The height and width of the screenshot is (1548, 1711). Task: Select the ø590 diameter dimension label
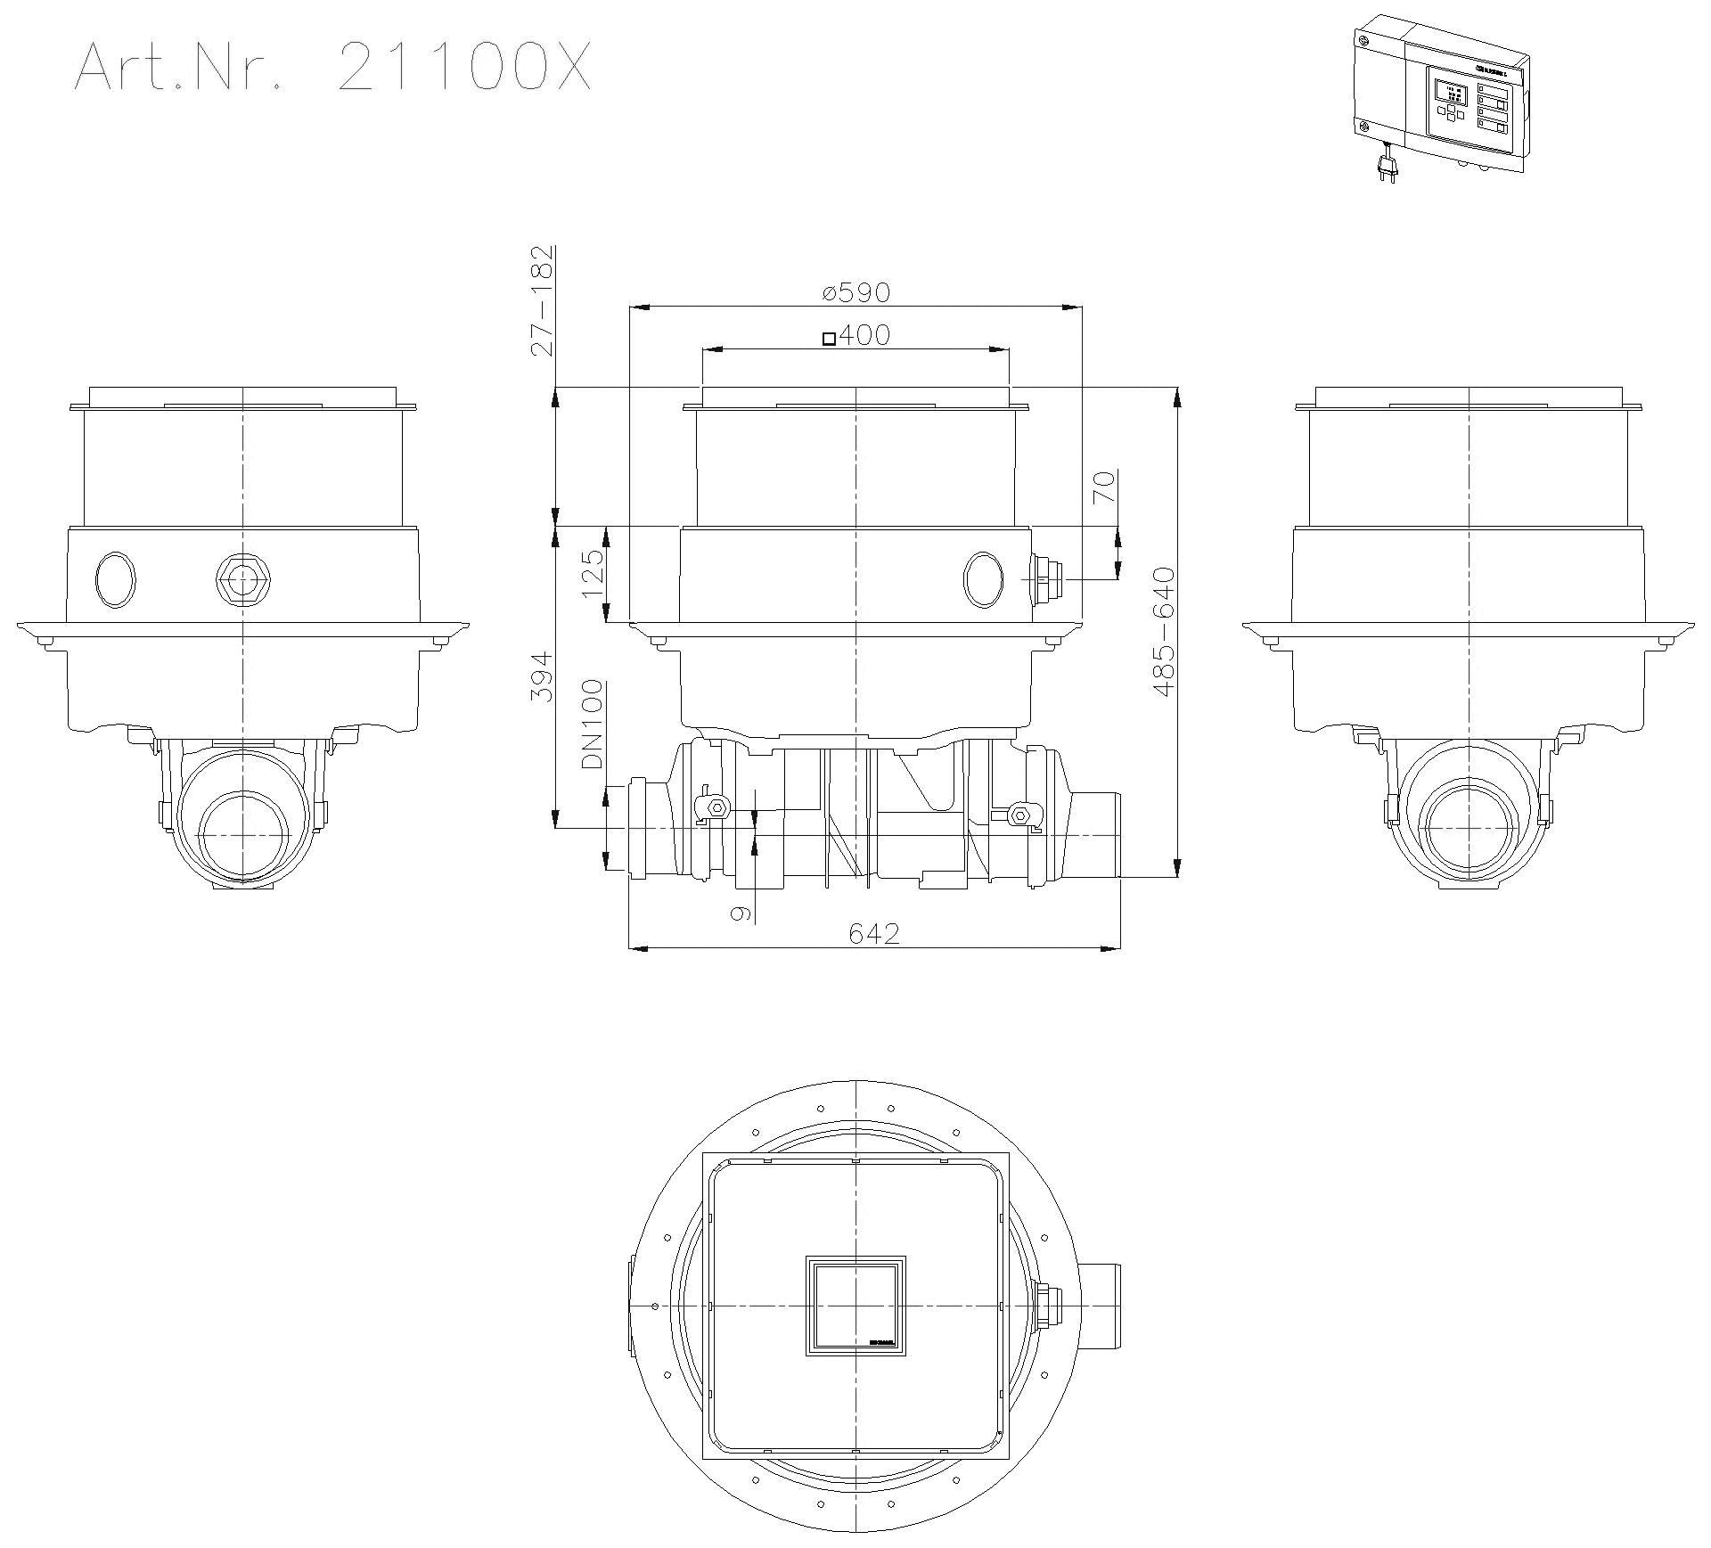click(855, 291)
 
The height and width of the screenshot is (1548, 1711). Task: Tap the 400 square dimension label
click(855, 335)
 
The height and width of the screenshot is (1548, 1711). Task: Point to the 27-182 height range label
click(541, 300)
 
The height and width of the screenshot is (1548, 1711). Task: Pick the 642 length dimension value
click(873, 933)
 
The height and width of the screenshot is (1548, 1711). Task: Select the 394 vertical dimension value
click(541, 676)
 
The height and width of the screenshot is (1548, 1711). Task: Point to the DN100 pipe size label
click(593, 725)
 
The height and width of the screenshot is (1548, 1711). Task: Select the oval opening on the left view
click(116, 579)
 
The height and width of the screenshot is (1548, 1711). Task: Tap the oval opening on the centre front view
click(983, 579)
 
